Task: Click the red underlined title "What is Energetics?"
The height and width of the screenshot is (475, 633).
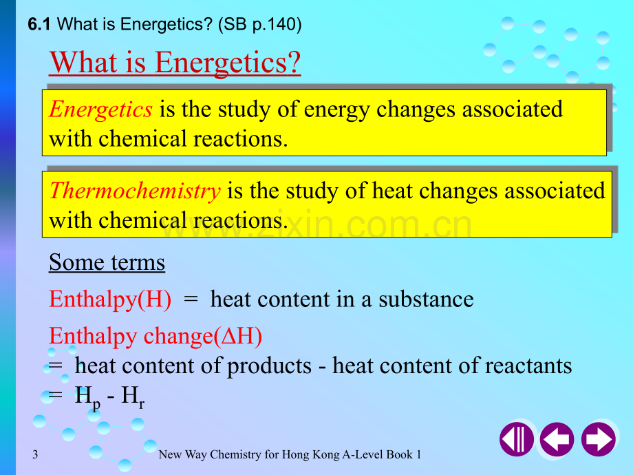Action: coord(175,63)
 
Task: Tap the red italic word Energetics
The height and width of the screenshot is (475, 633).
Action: coord(101,109)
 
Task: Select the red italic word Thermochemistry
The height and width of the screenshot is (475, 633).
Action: coord(135,191)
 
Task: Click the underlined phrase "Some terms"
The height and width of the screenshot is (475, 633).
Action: coord(107,262)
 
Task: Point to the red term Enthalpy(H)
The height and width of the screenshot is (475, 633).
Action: coord(110,299)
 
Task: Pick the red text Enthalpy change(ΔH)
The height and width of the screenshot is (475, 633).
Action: coord(155,337)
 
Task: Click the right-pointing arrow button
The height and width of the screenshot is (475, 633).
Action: coord(599,439)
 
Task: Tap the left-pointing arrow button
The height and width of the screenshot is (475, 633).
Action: coord(557,439)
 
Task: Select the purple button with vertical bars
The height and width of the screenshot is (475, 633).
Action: coord(517,439)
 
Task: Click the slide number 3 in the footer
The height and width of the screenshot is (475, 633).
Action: coord(35,454)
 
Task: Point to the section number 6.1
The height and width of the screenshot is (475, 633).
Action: coord(39,24)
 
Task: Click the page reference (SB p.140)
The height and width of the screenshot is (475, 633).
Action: coord(259,24)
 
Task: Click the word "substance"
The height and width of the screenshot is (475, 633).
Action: coord(426,299)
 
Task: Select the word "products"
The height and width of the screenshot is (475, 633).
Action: coord(269,366)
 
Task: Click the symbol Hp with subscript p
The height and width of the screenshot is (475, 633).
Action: coord(87,398)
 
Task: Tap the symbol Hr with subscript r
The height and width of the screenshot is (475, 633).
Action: coord(133,397)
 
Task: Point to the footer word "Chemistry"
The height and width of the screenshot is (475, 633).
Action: coord(235,455)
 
